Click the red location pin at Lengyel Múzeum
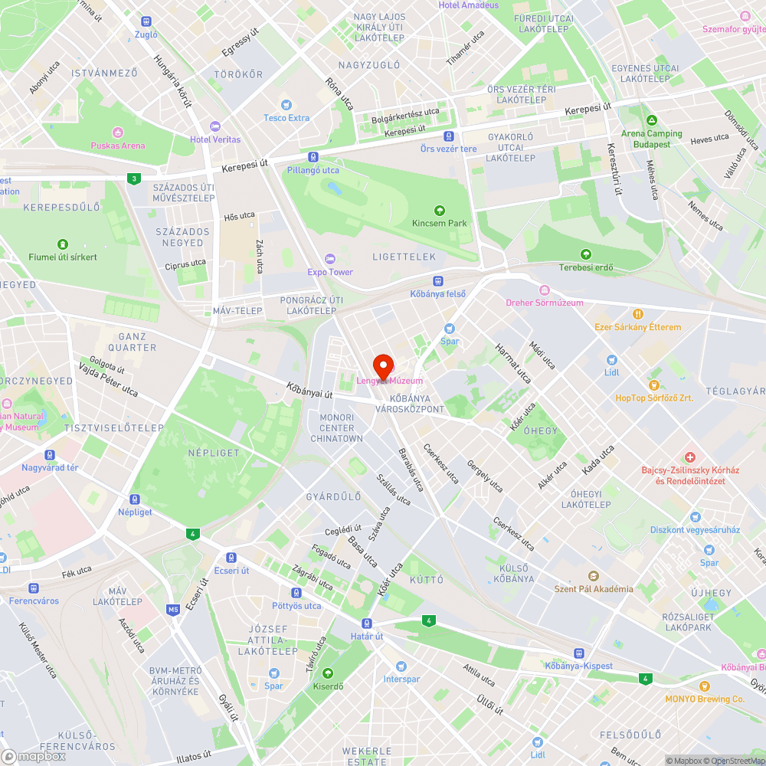click(383, 366)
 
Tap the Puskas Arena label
click(117, 146)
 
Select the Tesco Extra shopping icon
click(286, 105)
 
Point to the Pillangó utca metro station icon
click(313, 157)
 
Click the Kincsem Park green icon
click(439, 211)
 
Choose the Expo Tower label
click(330, 272)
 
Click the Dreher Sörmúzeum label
click(545, 303)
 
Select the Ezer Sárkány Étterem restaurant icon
click(638, 314)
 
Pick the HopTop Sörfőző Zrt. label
click(653, 398)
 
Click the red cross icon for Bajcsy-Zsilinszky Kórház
click(689, 457)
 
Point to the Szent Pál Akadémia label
click(594, 589)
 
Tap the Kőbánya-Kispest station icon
click(579, 653)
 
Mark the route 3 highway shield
click(135, 178)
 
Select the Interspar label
click(401, 679)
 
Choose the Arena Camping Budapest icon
click(651, 121)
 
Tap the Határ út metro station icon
click(367, 624)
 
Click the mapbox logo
click(34, 756)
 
